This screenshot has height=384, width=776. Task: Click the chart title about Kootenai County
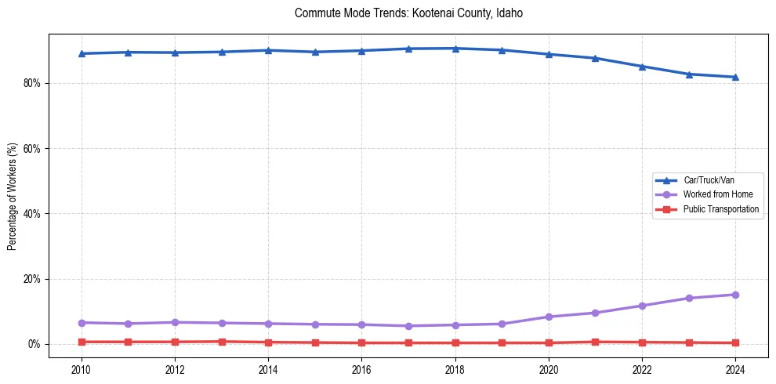click(x=408, y=13)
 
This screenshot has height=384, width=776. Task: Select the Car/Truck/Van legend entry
click(x=709, y=180)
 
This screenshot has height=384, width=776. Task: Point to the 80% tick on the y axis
click(x=34, y=83)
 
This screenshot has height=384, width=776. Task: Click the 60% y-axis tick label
click(x=34, y=148)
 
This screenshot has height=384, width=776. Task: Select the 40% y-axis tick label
click(x=34, y=213)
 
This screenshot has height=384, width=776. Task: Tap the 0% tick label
click(x=36, y=344)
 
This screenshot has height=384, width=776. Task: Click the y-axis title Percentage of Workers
click(x=13, y=197)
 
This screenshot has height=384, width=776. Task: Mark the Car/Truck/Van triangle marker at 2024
click(x=735, y=77)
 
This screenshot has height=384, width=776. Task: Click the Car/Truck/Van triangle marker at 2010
click(x=82, y=53)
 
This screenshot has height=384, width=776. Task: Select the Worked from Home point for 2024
click(x=735, y=295)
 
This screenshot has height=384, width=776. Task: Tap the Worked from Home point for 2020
click(x=549, y=317)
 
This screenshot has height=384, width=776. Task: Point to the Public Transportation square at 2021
click(x=595, y=342)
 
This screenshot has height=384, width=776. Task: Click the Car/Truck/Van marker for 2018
click(x=455, y=49)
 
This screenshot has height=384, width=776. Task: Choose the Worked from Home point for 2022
click(x=642, y=306)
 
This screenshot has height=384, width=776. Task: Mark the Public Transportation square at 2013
click(x=222, y=342)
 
